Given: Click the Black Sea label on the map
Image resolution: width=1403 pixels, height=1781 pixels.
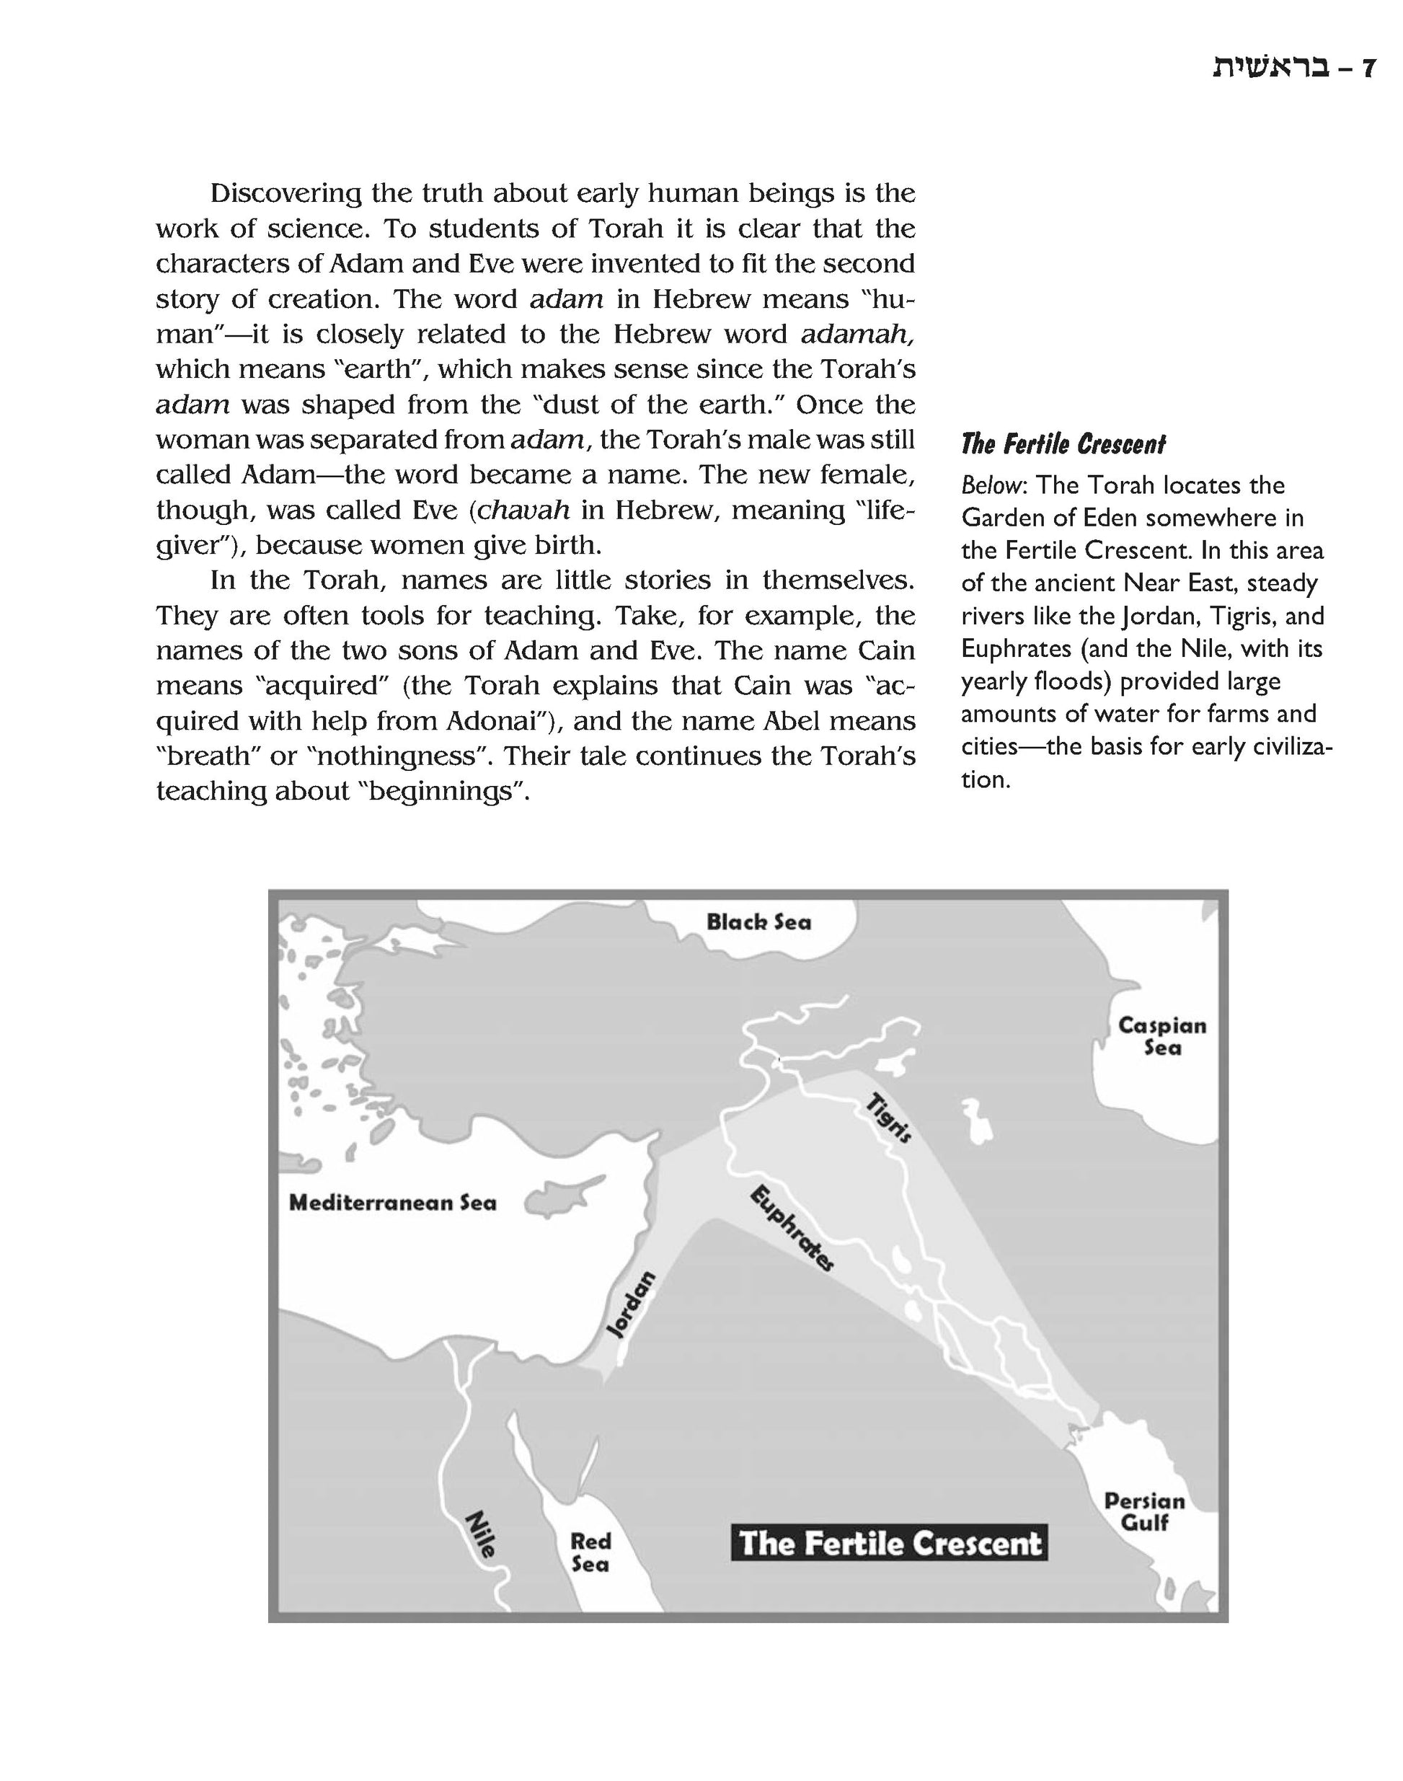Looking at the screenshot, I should pyautogui.click(x=758, y=922).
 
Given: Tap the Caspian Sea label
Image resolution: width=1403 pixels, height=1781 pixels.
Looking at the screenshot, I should pyautogui.click(x=1161, y=1036).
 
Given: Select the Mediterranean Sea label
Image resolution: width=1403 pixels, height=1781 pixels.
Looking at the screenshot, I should pyautogui.click(x=393, y=1203).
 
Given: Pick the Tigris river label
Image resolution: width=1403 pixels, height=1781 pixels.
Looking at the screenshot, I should pyautogui.click(x=889, y=1117).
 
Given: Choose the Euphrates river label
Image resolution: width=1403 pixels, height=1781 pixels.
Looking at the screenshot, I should pyautogui.click(x=792, y=1228).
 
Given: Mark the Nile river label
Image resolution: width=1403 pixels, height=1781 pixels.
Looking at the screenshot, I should pyautogui.click(x=481, y=1534).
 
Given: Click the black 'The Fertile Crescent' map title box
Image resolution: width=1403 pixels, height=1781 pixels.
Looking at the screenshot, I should pyautogui.click(x=889, y=1544).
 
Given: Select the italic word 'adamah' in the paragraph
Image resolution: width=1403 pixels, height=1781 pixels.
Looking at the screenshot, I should pyautogui.click(x=856, y=335).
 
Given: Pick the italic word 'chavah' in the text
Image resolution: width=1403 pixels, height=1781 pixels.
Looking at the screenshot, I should pyautogui.click(x=523, y=511).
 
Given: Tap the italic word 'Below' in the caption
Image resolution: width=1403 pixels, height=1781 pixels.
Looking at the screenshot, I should pyautogui.click(x=991, y=485).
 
